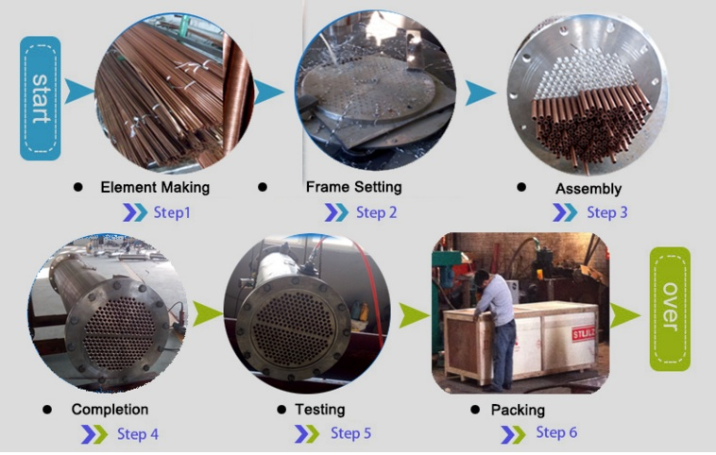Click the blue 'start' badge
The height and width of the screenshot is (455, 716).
click(41, 98)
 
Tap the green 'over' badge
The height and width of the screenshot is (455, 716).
click(670, 309)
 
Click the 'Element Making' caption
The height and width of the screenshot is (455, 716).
click(155, 187)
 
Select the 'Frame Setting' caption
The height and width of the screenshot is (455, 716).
click(354, 187)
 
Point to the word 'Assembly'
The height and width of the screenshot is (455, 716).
click(588, 189)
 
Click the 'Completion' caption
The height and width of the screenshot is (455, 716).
click(110, 410)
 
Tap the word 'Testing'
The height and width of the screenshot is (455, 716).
click(319, 410)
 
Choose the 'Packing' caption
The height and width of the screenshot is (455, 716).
click(518, 410)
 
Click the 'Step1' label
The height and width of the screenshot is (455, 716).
click(172, 212)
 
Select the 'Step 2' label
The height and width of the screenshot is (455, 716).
click(376, 212)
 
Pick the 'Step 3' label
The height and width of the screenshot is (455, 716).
click(606, 212)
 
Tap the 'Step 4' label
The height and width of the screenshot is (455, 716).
click(138, 434)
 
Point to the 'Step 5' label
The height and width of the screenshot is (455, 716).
click(350, 433)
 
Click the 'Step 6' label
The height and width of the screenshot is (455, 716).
click(556, 432)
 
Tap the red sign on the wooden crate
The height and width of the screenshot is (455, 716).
click(584, 333)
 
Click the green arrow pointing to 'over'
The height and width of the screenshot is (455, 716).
click(625, 315)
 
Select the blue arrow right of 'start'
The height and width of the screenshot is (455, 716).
click(77, 92)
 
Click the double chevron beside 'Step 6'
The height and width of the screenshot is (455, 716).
click(513, 433)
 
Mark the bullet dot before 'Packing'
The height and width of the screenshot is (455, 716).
click(475, 410)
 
